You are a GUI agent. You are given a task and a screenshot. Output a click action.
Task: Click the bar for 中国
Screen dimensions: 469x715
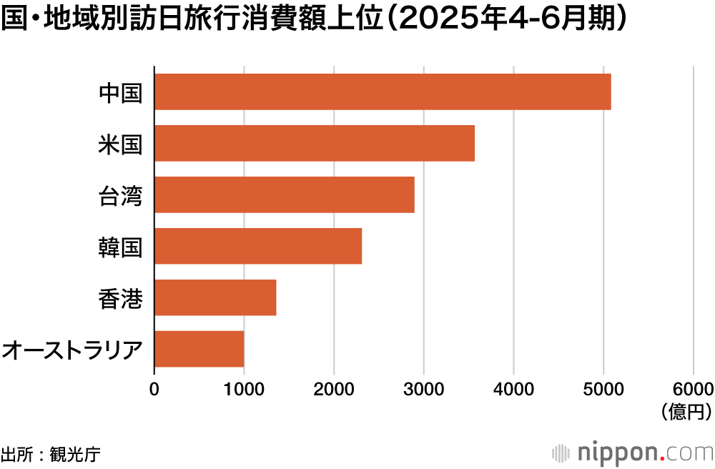point(383,92)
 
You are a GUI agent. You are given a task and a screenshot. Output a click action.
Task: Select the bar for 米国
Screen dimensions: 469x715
point(315,143)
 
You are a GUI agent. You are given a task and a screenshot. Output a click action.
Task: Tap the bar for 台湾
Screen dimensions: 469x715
point(285,194)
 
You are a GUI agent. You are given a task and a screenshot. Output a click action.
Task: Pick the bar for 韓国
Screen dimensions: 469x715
point(258,246)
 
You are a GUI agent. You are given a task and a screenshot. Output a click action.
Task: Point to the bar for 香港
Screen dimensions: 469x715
point(215,297)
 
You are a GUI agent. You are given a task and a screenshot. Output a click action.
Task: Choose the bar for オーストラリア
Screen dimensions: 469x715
point(199,349)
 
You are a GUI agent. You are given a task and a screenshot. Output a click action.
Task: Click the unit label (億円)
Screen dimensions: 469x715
point(687,411)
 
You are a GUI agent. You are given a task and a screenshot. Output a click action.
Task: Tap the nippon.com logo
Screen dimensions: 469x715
point(633,453)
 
